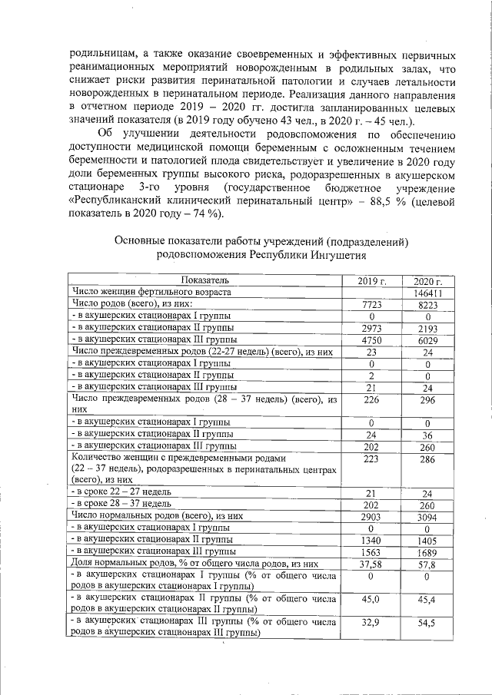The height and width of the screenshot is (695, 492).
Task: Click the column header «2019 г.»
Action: click(x=371, y=280)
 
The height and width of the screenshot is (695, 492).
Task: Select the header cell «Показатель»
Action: click(x=205, y=280)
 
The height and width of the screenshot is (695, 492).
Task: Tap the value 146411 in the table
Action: click(x=427, y=293)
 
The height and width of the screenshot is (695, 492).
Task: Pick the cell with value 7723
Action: click(x=371, y=305)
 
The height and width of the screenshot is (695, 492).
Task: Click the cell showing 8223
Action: click(x=427, y=305)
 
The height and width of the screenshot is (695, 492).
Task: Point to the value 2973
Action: click(x=371, y=328)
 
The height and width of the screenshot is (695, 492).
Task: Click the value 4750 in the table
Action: click(x=371, y=339)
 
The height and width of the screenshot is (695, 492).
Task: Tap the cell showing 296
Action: click(x=427, y=399)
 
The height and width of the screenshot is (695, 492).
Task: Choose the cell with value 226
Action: click(x=371, y=399)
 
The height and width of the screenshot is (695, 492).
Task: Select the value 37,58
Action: click(x=371, y=564)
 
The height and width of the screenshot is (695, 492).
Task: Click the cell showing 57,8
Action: click(x=427, y=564)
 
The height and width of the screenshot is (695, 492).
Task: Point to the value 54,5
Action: click(x=427, y=624)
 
